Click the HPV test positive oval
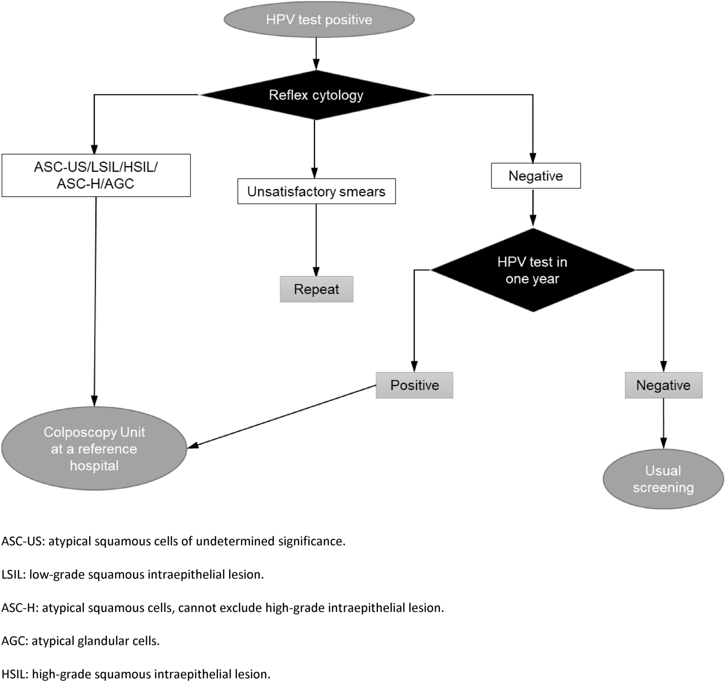(x=319, y=20)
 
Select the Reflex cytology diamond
(x=316, y=95)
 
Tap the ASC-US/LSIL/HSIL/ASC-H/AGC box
(x=96, y=176)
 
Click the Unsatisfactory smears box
(x=316, y=192)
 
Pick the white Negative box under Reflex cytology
(x=535, y=176)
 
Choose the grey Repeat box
(x=316, y=289)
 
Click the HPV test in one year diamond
(x=532, y=270)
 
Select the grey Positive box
(x=414, y=385)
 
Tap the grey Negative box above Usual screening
(x=663, y=385)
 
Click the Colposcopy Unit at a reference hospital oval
(x=94, y=449)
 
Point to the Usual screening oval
(x=663, y=479)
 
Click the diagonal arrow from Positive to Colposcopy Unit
(x=283, y=416)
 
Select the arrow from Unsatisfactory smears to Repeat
(x=316, y=240)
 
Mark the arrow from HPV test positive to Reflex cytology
(x=316, y=53)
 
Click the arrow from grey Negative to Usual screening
(x=663, y=423)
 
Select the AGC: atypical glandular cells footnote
(x=81, y=641)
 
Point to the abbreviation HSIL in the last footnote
(x=14, y=674)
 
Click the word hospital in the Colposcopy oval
(x=94, y=466)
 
